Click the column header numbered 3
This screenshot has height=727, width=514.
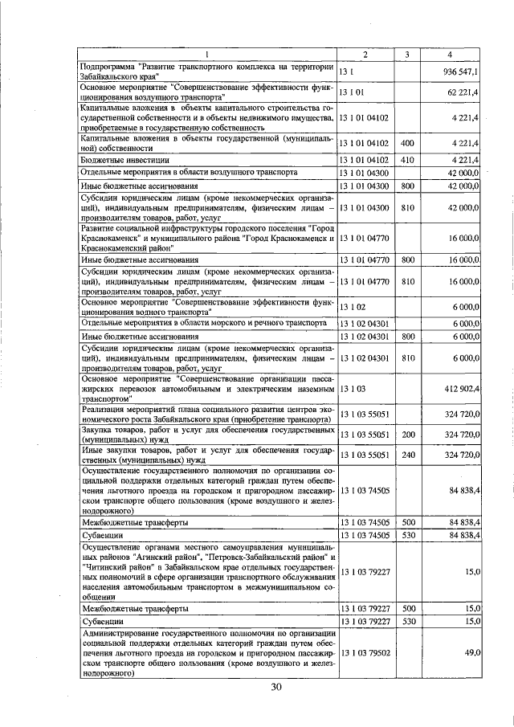point(407,54)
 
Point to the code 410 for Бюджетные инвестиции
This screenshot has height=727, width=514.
point(407,160)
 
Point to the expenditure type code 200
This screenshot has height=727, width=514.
point(407,435)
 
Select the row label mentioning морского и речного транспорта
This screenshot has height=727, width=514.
point(202,322)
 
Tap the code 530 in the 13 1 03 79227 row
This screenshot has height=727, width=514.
point(407,622)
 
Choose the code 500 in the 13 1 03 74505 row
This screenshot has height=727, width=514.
point(407,522)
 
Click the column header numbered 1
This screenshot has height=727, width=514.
point(206,54)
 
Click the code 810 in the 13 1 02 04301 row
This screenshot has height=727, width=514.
point(407,358)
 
